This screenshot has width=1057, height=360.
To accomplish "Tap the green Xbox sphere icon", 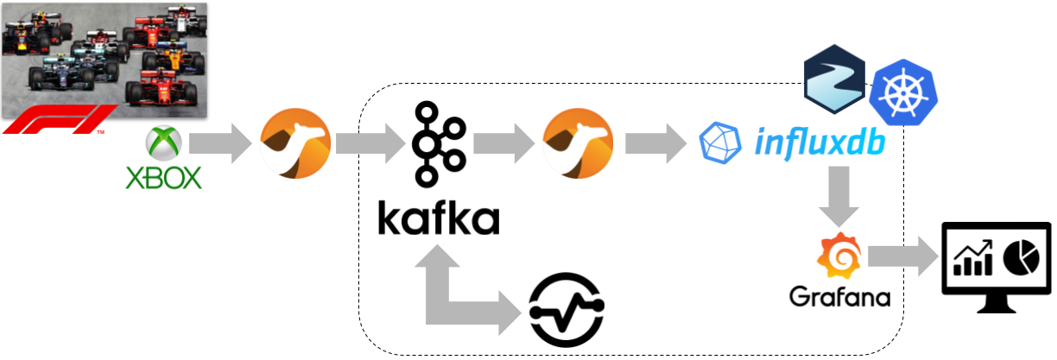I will [162, 142].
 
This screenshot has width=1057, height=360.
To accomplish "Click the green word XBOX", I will [163, 178].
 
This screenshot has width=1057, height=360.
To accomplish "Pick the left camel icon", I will [295, 143].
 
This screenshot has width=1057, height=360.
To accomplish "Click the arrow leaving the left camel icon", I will [370, 143].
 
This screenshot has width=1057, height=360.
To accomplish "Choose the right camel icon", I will [577, 143].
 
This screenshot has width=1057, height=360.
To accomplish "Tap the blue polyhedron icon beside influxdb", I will [720, 143].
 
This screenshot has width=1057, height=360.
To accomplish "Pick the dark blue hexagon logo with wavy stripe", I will [833, 81].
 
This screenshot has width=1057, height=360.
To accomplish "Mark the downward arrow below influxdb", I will [839, 198].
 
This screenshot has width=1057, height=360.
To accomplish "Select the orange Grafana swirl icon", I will [839, 256].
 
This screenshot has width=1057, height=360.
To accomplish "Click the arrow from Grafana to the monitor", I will [902, 256].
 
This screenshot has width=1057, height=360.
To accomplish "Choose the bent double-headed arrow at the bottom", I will [462, 294].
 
